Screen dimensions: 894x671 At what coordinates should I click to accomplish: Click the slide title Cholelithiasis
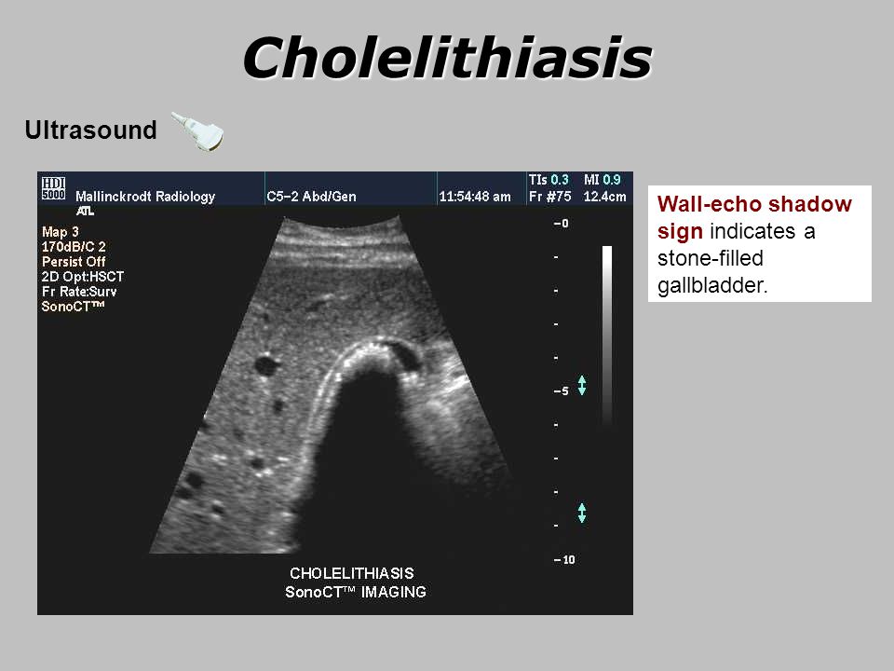[448, 57]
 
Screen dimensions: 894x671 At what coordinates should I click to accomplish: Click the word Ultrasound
[90, 130]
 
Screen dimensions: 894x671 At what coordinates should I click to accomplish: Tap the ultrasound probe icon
[197, 131]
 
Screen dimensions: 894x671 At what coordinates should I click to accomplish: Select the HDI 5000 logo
[54, 187]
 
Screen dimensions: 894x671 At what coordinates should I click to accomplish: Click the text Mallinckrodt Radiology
[145, 197]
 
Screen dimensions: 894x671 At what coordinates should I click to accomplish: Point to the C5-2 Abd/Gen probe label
[311, 197]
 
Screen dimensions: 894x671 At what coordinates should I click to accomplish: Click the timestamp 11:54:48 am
[475, 197]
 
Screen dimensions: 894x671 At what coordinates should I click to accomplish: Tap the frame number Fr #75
[549, 197]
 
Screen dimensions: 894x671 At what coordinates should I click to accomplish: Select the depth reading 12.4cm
[605, 197]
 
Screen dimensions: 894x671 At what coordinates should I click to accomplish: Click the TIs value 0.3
[560, 180]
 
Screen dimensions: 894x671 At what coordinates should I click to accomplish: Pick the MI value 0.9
[612, 180]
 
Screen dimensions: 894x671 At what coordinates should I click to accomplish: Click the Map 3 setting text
[60, 232]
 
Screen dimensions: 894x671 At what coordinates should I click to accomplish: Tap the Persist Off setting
[74, 262]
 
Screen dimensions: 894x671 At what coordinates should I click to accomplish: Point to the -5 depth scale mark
[561, 391]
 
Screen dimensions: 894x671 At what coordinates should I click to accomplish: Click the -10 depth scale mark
[564, 560]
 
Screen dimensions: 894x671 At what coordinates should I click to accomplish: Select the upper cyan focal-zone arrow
[581, 386]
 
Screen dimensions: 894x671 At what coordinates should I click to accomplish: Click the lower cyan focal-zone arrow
[581, 513]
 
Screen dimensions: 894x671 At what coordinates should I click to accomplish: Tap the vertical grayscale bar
[607, 336]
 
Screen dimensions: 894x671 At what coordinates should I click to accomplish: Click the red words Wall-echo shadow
[754, 204]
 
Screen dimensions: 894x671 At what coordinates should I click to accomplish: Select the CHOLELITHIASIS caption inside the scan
[352, 573]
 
